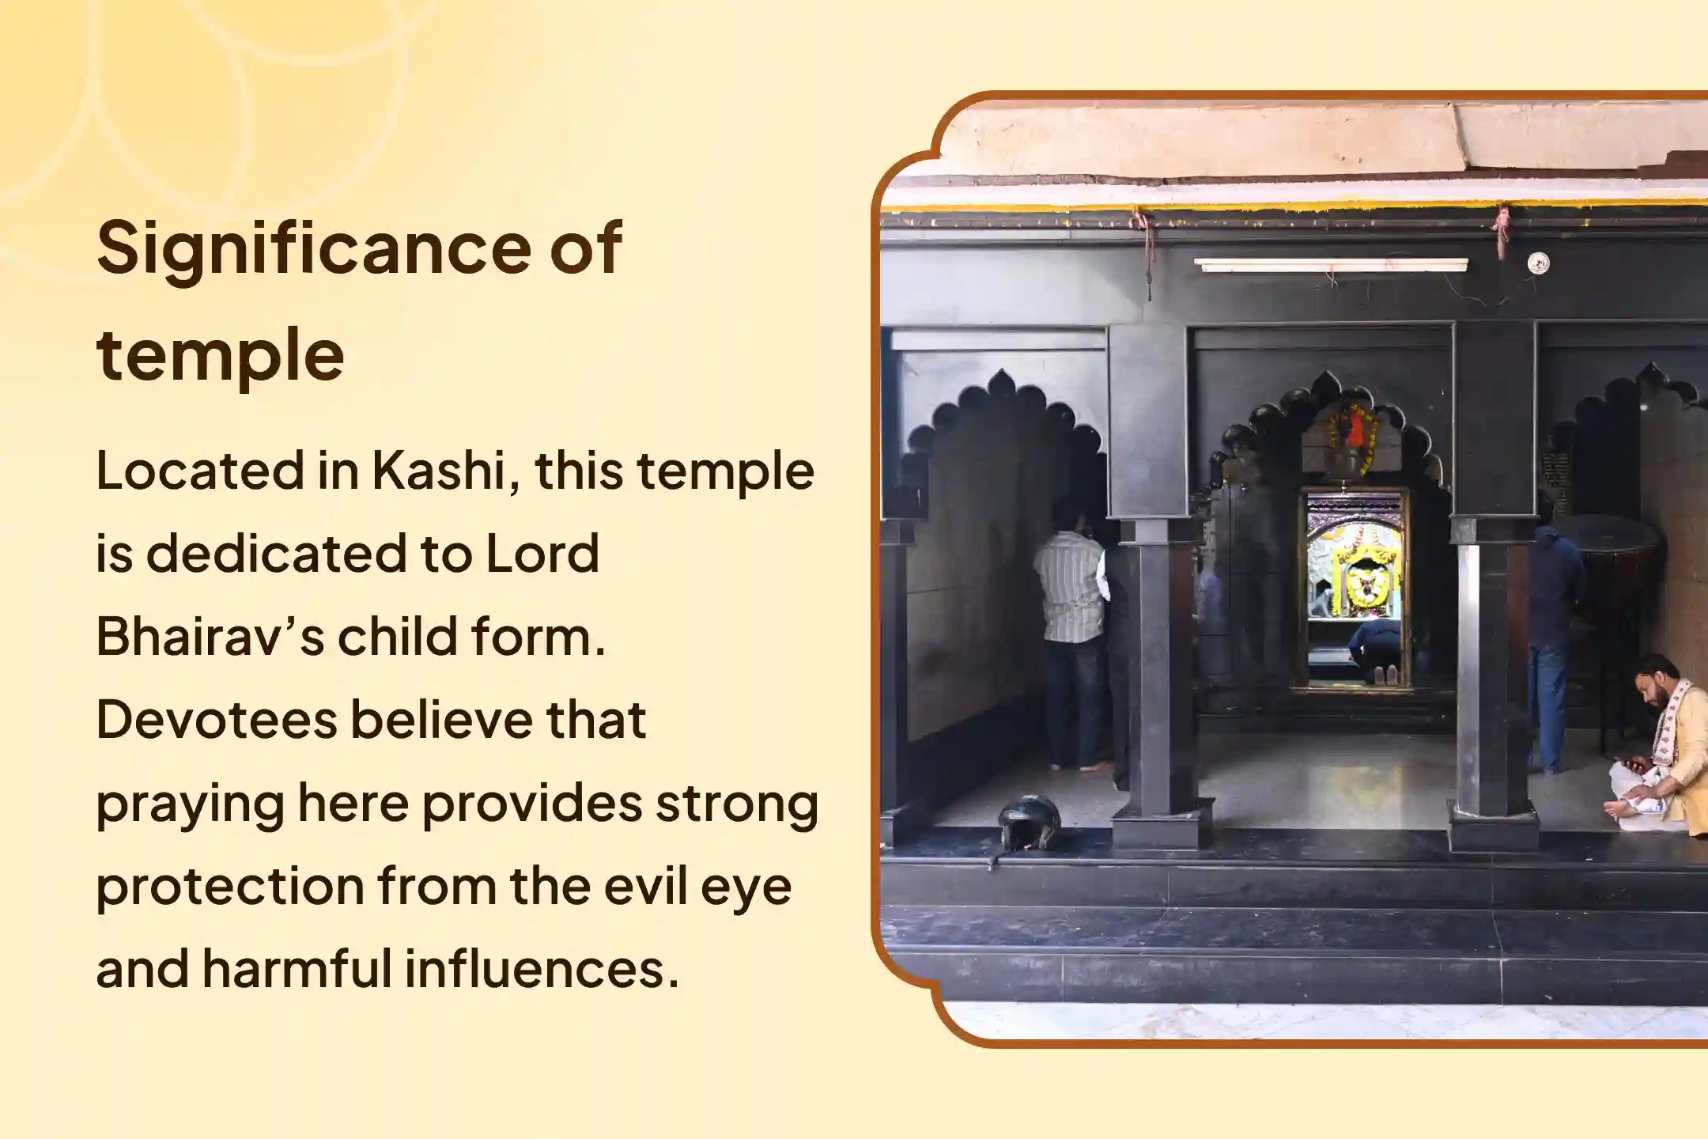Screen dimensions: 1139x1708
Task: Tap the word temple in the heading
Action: (x=220, y=355)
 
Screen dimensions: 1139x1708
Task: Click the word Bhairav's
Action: (x=210, y=636)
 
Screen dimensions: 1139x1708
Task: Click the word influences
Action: (x=542, y=968)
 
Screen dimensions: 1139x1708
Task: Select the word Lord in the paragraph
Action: (x=542, y=553)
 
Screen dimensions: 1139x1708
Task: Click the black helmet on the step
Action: (x=1029, y=823)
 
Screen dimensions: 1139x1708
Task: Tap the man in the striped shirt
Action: (x=1072, y=633)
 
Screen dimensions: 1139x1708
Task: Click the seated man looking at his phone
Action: (x=1660, y=751)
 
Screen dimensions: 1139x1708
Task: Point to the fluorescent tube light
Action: (x=1331, y=265)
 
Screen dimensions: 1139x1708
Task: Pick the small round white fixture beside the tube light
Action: (x=1537, y=263)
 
